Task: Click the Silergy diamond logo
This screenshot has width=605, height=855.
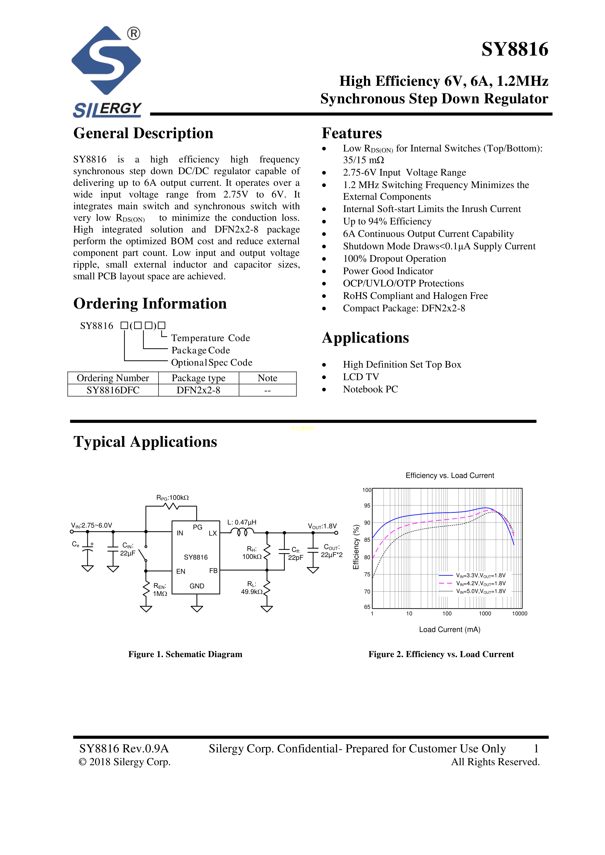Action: [106, 60]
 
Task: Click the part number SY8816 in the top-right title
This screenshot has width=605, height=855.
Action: [515, 49]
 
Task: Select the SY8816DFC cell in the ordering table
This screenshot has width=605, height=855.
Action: [113, 390]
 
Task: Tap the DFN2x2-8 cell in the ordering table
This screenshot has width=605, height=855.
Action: [198, 390]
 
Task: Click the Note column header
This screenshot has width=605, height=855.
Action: [268, 378]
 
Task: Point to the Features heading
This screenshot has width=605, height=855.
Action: [352, 133]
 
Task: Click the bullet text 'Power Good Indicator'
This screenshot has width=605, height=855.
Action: [388, 271]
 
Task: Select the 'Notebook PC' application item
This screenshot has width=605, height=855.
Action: [370, 389]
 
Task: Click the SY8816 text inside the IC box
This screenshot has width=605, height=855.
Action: [196, 557]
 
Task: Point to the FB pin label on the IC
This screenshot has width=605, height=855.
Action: [213, 571]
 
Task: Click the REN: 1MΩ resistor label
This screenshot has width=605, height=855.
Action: [160, 590]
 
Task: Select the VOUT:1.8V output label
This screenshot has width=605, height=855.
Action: [322, 526]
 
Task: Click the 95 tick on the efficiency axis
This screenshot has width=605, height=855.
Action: [367, 506]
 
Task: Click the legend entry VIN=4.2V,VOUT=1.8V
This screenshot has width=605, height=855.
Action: [481, 583]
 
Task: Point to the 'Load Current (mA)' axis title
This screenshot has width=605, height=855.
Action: [450, 629]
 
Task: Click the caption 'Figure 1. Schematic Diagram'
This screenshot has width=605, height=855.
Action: [185, 654]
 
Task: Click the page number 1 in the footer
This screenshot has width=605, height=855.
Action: [536, 748]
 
